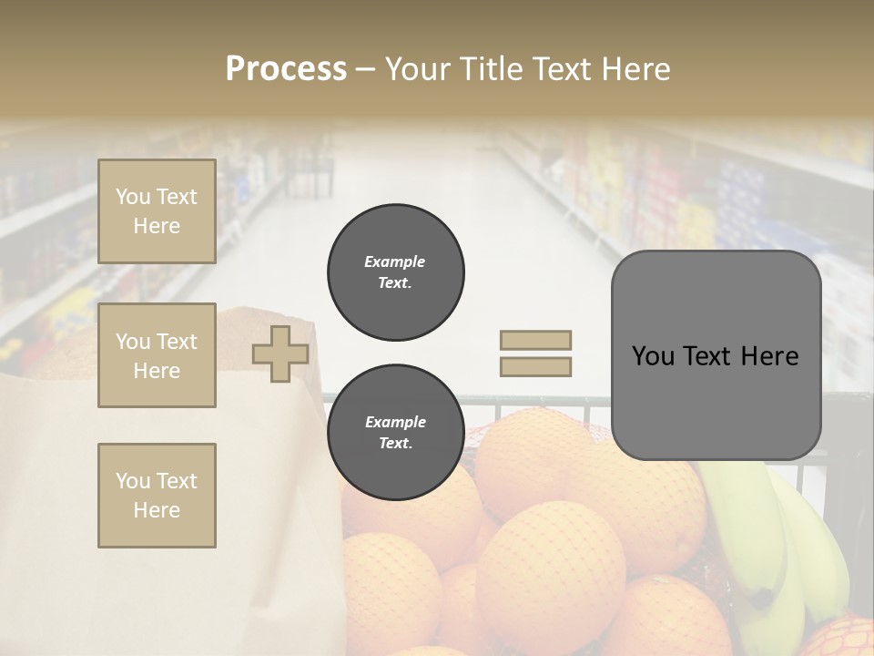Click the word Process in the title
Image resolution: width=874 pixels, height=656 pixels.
(x=286, y=69)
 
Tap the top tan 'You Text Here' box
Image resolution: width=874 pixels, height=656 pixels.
(x=157, y=211)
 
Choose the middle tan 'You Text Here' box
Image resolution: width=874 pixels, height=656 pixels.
(x=157, y=355)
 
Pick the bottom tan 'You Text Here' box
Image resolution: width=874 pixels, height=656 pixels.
(x=157, y=496)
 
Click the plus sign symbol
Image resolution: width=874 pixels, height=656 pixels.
(x=280, y=354)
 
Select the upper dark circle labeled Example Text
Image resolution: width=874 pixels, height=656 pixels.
(x=395, y=272)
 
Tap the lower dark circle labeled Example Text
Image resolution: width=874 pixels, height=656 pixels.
(x=395, y=433)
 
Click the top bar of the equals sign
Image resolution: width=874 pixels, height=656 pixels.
(x=535, y=341)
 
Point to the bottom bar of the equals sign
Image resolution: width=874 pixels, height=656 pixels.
(x=535, y=367)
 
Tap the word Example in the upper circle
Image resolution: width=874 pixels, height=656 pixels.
(x=395, y=261)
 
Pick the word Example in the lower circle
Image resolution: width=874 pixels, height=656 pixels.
(x=395, y=422)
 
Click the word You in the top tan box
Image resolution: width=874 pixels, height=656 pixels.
(x=133, y=197)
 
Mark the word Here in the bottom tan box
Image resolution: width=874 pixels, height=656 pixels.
(x=157, y=510)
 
